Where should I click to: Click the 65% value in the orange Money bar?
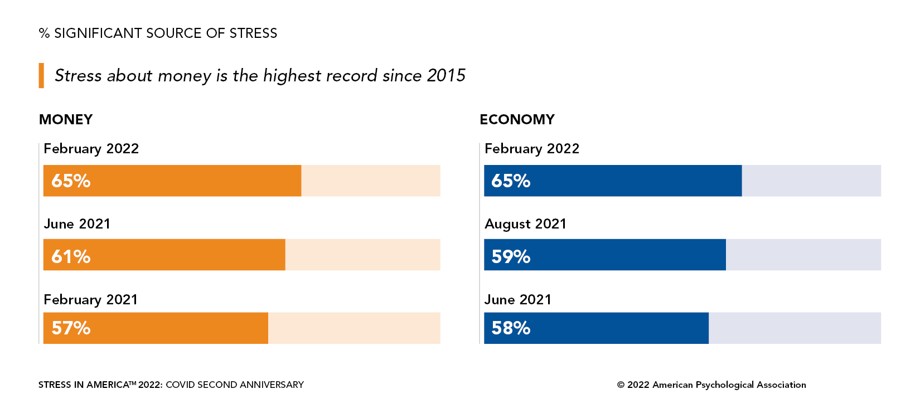(x=71, y=181)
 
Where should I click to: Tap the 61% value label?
(x=71, y=256)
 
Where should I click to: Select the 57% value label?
(x=71, y=328)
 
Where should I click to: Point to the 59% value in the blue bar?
(x=511, y=256)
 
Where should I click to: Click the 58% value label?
(x=511, y=328)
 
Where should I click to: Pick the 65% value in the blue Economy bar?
(x=511, y=181)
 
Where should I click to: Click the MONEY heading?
(x=66, y=120)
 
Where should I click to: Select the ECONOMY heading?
(x=517, y=120)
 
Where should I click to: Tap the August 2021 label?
(x=525, y=224)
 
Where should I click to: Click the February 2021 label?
(x=90, y=300)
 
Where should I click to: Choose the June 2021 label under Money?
(x=77, y=224)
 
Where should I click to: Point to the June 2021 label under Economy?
(x=517, y=300)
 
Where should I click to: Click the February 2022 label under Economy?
(x=532, y=149)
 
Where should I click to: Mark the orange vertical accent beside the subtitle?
(x=41, y=76)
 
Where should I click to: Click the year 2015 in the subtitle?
(x=446, y=76)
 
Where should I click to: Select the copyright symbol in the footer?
(x=621, y=385)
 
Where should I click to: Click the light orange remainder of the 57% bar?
(x=354, y=328)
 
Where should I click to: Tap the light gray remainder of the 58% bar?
(x=795, y=328)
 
